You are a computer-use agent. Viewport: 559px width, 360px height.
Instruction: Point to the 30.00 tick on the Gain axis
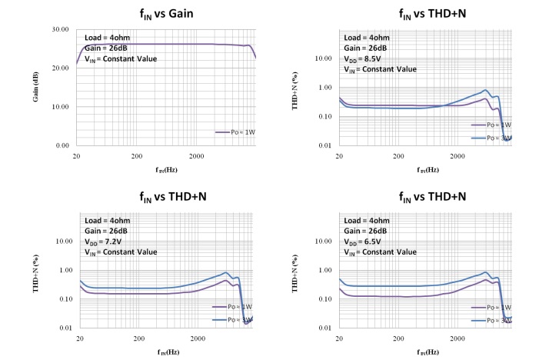tap(59, 29)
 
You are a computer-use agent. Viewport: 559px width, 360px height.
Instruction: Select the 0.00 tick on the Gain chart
tap(61, 145)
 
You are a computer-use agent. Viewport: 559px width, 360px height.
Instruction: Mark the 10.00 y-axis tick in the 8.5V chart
tap(323, 58)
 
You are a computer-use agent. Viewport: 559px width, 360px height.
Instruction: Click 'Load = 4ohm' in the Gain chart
tap(105, 37)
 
